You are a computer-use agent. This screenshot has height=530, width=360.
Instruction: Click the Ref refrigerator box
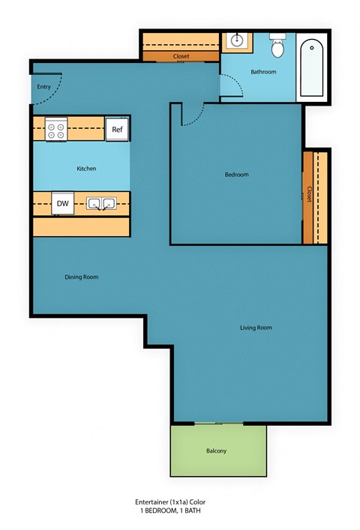(117, 129)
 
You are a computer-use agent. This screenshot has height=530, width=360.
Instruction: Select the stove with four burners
(56, 130)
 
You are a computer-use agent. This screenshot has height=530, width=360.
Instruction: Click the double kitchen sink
(100, 203)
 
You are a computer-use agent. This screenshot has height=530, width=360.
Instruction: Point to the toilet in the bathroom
(278, 47)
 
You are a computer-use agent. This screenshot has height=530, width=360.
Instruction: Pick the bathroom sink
(237, 40)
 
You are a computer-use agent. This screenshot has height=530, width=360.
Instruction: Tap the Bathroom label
(263, 72)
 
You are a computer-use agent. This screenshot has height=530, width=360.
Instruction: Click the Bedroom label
(236, 175)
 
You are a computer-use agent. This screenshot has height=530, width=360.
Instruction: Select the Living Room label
(256, 328)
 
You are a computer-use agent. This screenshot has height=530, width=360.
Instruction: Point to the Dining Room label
(81, 277)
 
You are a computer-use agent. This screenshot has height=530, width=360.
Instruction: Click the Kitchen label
(86, 169)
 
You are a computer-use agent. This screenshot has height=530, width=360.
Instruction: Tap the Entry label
(43, 87)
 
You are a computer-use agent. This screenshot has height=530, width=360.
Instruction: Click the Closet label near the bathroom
(181, 56)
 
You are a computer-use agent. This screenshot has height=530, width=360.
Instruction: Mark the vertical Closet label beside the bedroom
(309, 194)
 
